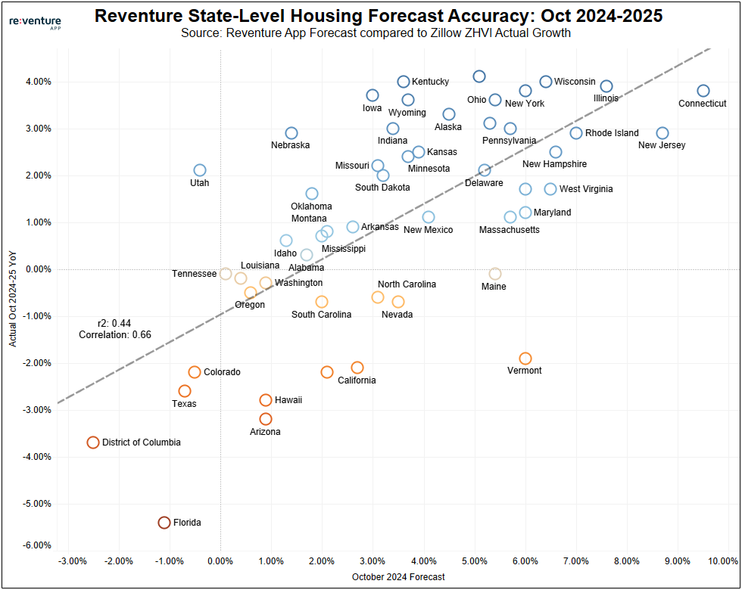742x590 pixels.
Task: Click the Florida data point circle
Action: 164,523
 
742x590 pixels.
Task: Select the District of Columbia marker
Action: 93,442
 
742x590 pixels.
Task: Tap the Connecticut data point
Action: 703,91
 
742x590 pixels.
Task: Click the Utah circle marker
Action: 200,170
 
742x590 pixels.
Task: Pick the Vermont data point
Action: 525,359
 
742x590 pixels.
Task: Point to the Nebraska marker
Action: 291,133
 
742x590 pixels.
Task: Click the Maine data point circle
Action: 495,274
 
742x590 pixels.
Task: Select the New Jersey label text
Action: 662,145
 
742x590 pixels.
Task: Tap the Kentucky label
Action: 430,82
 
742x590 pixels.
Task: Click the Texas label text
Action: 184,404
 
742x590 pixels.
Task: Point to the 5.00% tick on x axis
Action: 474,561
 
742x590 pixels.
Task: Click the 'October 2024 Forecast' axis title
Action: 398,577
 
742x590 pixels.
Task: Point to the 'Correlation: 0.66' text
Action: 114,334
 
